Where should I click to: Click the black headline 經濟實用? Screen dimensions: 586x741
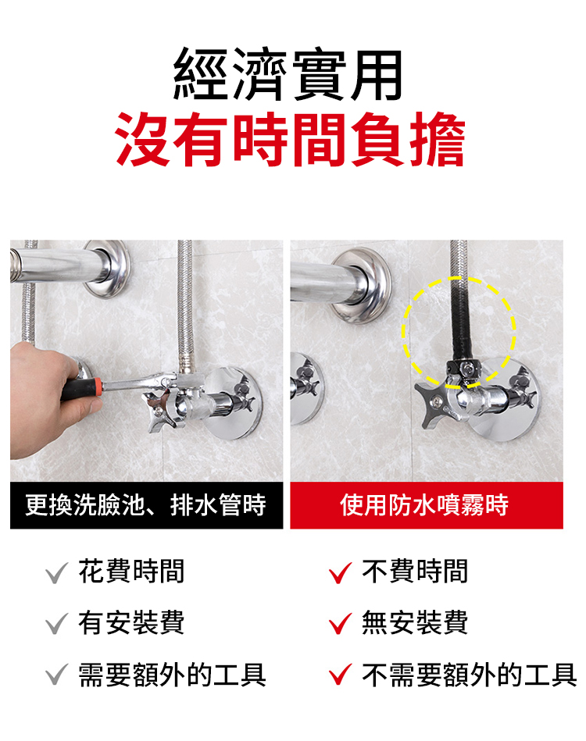288,75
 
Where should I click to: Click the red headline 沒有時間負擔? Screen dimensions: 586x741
290,140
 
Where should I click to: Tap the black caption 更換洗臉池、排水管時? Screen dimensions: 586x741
145,504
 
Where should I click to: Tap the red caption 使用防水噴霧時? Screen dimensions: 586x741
424,504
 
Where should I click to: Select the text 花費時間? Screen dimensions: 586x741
131,572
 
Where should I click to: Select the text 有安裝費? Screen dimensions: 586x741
131,623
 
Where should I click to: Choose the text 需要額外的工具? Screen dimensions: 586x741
172,675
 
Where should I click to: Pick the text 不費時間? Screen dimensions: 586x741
415,572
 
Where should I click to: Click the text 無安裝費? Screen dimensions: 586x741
415,623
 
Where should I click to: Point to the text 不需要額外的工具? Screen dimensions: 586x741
469,675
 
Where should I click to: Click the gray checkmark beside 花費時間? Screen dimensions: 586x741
57,573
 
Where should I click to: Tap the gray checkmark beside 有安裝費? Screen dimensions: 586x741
57,624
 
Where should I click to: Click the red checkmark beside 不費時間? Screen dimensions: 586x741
340,573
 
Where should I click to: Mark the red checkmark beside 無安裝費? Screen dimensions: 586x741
340,624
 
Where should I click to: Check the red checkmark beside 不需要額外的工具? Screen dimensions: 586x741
340,675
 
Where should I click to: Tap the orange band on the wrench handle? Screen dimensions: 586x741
98,387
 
